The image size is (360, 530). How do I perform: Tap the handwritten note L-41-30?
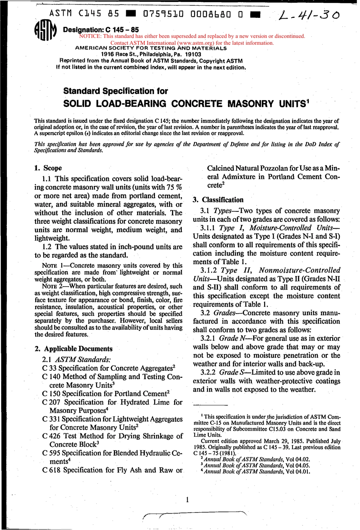(x=309, y=16)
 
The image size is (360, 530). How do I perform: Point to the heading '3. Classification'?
(x=218, y=200)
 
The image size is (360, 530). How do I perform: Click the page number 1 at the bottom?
(x=187, y=500)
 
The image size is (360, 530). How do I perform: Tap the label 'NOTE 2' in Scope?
(x=53, y=286)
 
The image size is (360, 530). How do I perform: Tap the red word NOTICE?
(x=91, y=36)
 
